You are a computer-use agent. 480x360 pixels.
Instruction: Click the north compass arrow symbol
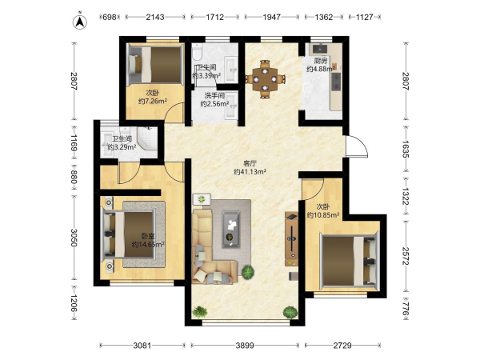pos(79,22)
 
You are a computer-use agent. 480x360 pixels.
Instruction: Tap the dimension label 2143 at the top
pos(155,17)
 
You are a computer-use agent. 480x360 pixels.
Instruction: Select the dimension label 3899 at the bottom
pos(245,346)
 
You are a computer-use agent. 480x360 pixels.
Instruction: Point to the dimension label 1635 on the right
pos(406,149)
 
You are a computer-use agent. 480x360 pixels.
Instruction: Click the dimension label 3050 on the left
pos(74,238)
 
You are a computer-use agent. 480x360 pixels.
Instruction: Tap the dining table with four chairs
pos(265,79)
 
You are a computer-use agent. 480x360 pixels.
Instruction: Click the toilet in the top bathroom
pos(197,51)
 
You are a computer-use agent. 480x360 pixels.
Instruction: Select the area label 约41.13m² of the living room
pos(250,172)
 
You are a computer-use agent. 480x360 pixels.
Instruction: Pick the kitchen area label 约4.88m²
pos(321,69)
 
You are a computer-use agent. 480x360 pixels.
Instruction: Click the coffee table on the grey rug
pos(231,229)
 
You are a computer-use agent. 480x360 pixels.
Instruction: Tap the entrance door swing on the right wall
pos(357,146)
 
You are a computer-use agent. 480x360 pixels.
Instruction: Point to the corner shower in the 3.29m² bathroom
pos(147,138)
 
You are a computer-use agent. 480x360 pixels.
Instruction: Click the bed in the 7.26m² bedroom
pos(155,64)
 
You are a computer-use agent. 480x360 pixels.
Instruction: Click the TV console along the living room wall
pos(291,238)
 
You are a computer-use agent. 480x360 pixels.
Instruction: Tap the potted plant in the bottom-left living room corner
pos(200,312)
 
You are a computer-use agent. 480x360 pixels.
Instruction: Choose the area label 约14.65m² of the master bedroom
pos(148,244)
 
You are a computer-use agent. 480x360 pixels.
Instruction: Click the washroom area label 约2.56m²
pos(215,104)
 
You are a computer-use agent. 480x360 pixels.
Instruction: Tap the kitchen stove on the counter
pos(336,82)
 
